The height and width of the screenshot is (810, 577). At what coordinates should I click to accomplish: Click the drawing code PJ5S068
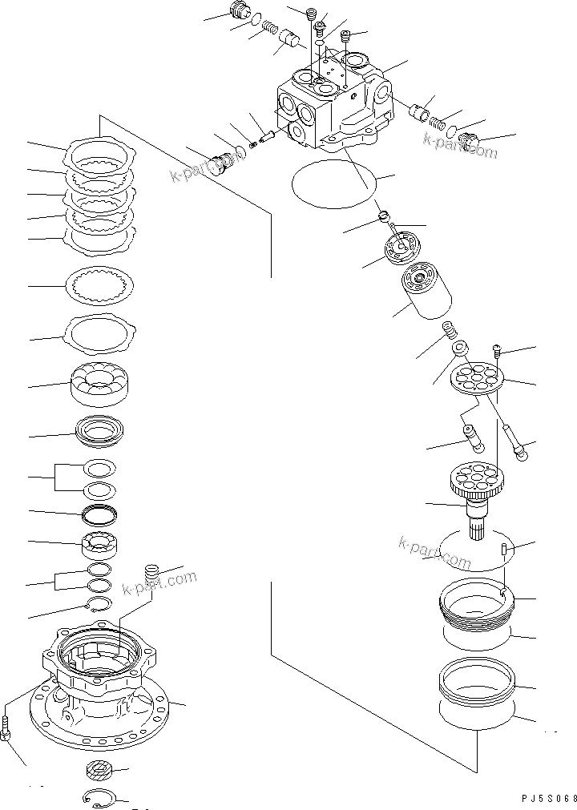544,798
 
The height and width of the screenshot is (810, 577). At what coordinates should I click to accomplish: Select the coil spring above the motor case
150,574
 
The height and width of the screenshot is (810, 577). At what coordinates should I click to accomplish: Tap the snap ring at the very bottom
100,797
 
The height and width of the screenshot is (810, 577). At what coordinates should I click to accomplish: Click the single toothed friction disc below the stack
103,284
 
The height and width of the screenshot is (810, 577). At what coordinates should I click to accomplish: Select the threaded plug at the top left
237,12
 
